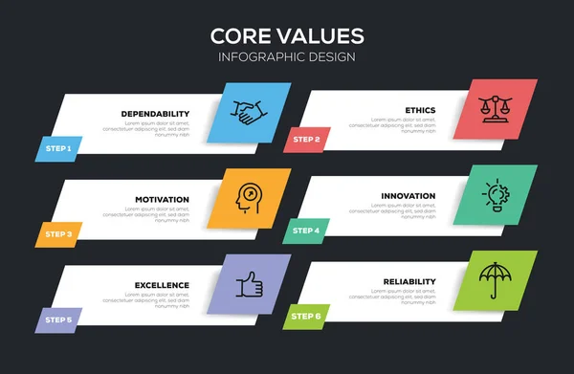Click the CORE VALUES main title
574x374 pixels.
tap(287, 35)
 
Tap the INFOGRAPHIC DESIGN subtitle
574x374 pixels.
tap(287, 56)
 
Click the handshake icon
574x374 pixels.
tap(253, 113)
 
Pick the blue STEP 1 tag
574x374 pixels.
tap(57, 148)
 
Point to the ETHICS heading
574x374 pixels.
tap(420, 110)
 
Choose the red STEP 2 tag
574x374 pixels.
tap(306, 140)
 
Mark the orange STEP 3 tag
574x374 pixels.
tap(57, 233)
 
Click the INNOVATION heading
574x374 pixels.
tap(408, 196)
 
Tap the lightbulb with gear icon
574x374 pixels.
tap(499, 194)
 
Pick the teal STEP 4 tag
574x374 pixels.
tap(305, 231)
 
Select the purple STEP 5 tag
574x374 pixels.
tap(57, 319)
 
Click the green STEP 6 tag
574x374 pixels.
tap(306, 316)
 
